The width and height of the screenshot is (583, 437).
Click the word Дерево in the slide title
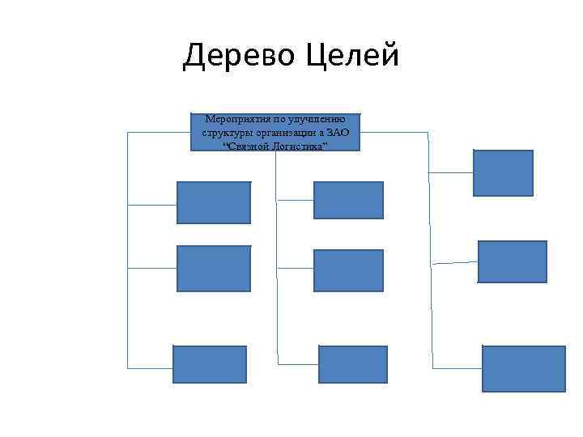tap(240, 57)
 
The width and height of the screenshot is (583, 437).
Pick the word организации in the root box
tap(287, 131)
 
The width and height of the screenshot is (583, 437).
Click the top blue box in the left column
tap(214, 202)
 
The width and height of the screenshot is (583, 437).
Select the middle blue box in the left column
tap(214, 268)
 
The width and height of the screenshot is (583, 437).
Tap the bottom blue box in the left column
tap(209, 364)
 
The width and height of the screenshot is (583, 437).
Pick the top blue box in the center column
tap(348, 200)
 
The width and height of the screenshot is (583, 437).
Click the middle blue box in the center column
tap(348, 270)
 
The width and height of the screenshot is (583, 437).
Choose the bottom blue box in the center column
tap(353, 364)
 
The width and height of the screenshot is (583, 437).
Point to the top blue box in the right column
tap(503, 173)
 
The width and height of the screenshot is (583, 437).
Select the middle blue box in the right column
tap(513, 261)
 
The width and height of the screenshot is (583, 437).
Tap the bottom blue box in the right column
tap(523, 368)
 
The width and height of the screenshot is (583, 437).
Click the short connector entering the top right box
tap(450, 172)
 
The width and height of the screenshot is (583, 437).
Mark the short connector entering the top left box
tap(152, 205)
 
